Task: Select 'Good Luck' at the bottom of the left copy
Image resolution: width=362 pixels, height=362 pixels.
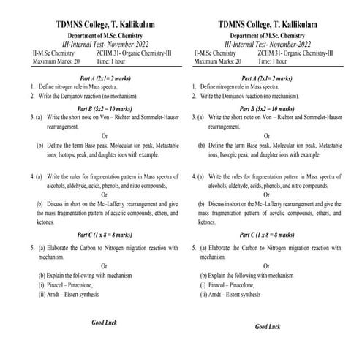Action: (105, 323)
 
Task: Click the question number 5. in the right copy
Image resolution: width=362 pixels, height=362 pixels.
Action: (194, 248)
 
